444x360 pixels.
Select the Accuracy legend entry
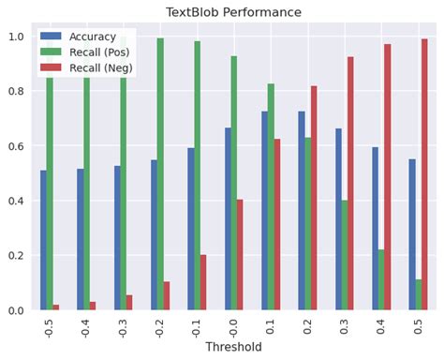point(92,37)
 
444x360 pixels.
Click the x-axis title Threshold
point(233,347)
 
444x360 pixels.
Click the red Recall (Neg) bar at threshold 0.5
point(424,174)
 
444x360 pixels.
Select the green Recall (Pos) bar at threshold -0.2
point(160,174)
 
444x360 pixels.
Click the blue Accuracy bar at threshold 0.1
point(265,211)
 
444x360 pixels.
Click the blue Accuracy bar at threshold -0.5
point(43,240)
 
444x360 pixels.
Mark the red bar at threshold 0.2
point(314,198)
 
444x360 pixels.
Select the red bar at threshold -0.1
point(203,282)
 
